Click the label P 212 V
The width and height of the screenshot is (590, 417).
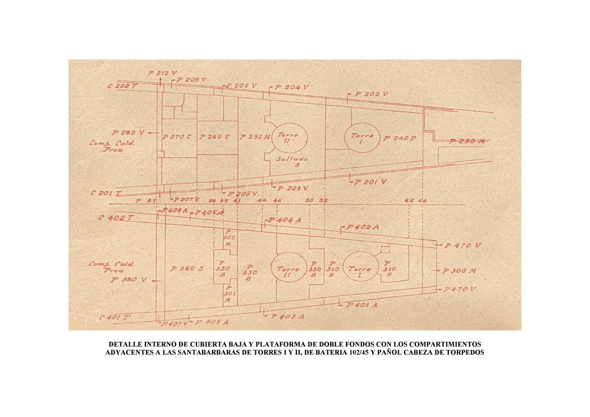pyautogui.click(x=163, y=73)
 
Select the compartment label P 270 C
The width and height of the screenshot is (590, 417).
pyautogui.click(x=177, y=138)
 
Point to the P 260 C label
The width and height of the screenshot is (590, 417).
pyautogui.click(x=214, y=138)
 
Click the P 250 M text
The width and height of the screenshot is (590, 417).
pyautogui.click(x=255, y=138)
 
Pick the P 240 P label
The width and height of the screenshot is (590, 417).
pyautogui.click(x=400, y=139)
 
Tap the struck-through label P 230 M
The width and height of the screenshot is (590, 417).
pyautogui.click(x=468, y=141)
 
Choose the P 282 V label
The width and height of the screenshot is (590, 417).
pyautogui.click(x=128, y=132)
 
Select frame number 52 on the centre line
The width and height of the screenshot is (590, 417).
pyautogui.click(x=323, y=201)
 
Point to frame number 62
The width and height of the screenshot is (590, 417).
pyautogui.click(x=409, y=201)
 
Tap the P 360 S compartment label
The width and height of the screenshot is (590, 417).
pyautogui.click(x=187, y=269)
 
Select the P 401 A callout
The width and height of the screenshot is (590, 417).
pyautogui.click(x=361, y=305)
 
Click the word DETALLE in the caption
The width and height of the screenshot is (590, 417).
pyautogui.click(x=127, y=345)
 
